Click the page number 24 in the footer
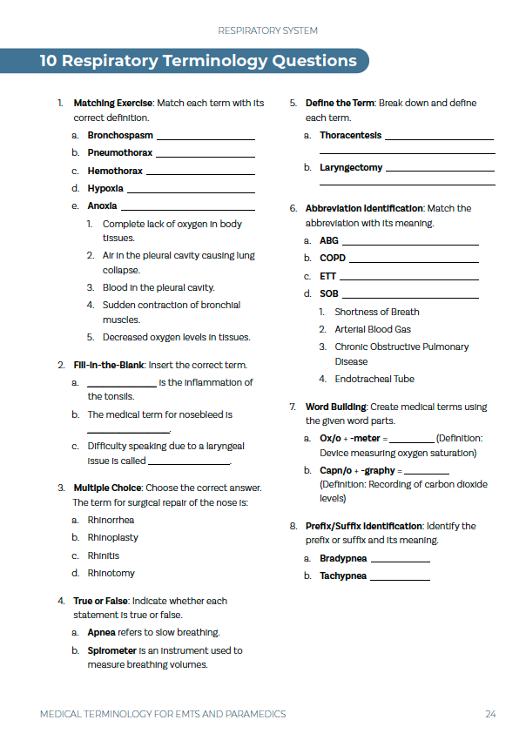point(490,714)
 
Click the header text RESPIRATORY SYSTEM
point(267,30)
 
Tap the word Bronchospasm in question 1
point(120,136)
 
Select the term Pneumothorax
point(119,153)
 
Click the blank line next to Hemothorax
point(199,172)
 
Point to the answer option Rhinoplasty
point(112,538)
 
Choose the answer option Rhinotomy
point(111,574)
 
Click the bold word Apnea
point(101,633)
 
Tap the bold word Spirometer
point(112,650)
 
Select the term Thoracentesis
point(350,136)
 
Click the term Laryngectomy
point(351,168)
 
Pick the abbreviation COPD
point(333,259)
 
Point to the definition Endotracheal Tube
point(374,380)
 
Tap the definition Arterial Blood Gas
point(373,330)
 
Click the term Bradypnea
point(343,559)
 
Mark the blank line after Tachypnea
point(401,577)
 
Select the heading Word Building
point(334,407)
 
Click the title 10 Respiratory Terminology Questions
point(199,61)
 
